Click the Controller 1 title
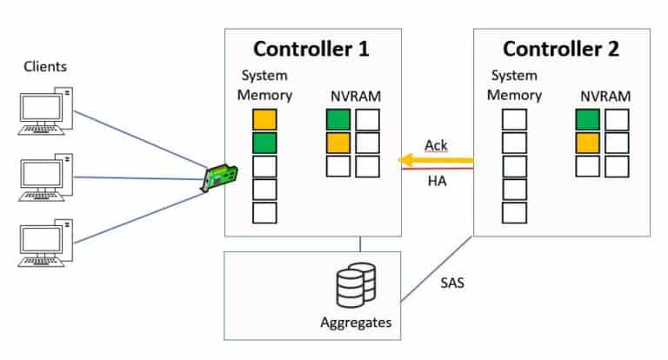point(312,49)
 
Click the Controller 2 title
point(561,49)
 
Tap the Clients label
point(45,66)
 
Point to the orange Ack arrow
point(436,160)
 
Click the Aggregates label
point(356,325)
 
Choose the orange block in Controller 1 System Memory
point(264,120)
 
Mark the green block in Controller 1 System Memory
point(264,143)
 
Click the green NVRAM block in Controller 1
point(338,119)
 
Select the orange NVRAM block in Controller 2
point(587,143)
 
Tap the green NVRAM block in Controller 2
point(587,120)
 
